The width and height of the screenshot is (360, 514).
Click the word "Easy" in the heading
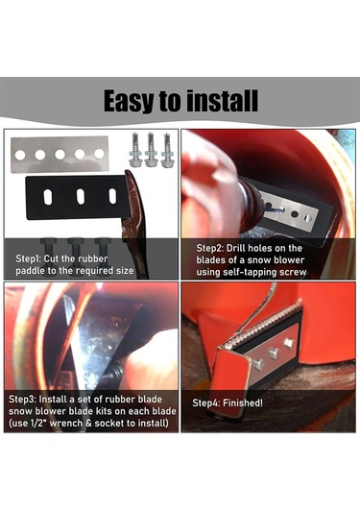(129, 100)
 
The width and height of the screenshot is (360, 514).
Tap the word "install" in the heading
(223, 100)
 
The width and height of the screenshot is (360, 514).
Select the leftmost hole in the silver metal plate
(20, 155)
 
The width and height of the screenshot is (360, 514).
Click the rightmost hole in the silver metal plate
(99, 154)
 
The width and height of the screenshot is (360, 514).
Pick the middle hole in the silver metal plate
(60, 155)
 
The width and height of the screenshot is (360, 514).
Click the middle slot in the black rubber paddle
(81, 196)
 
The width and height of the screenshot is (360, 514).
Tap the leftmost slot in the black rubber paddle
(48, 197)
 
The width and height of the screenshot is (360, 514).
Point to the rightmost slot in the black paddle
(112, 196)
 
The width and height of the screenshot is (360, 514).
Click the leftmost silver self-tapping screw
(134, 150)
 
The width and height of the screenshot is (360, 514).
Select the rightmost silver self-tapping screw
(167, 150)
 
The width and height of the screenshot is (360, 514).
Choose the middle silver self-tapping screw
(151, 150)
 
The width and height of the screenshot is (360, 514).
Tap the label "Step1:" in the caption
(28, 258)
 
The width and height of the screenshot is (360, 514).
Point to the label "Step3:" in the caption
(22, 400)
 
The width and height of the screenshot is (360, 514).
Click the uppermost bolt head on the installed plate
(289, 344)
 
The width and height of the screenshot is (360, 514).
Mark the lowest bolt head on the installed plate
(259, 364)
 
